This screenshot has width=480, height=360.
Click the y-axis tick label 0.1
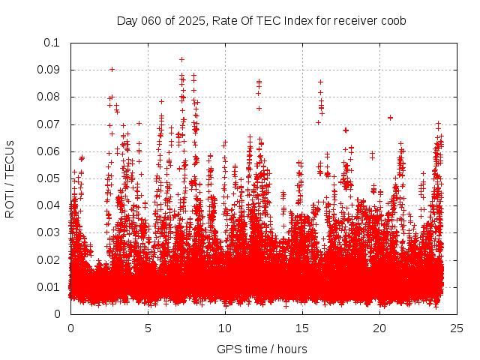tap(53, 43)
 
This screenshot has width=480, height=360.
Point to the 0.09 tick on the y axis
tap(49, 70)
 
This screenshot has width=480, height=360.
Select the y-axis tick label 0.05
tap(49, 178)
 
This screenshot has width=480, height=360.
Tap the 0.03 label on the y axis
tap(49, 232)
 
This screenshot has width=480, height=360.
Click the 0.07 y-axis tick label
tap(49, 124)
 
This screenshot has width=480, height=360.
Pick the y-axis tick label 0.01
tap(49, 286)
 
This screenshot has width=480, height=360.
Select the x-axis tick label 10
tap(225, 328)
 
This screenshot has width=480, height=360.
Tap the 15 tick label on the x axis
tap(302, 328)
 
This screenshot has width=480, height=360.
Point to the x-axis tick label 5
tap(148, 328)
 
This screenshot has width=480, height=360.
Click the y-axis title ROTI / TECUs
tap(10, 178)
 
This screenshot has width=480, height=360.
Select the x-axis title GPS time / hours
tap(262, 349)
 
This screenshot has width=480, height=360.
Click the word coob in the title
tap(393, 21)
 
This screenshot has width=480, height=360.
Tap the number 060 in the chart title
tap(152, 21)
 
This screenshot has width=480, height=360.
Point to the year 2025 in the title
tap(191, 21)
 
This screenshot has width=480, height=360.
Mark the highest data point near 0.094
tap(181, 59)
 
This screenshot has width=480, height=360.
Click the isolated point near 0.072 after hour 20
tap(390, 118)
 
